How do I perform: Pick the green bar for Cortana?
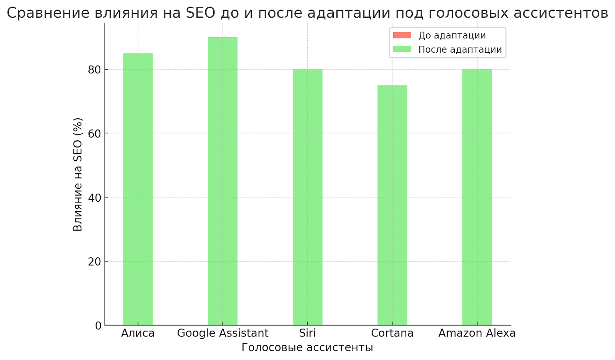pyautogui.click(x=392, y=205)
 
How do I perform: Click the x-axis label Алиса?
pyautogui.click(x=138, y=333)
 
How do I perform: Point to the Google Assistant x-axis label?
pyautogui.click(x=223, y=333)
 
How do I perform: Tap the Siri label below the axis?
pyautogui.click(x=307, y=333)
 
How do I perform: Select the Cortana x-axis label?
pyautogui.click(x=392, y=333)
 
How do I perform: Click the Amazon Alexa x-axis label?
pyautogui.click(x=477, y=333)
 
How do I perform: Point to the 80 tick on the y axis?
pyautogui.click(x=95, y=70)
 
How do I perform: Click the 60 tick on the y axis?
pyautogui.click(x=95, y=134)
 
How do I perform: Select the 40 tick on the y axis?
pyautogui.click(x=95, y=197)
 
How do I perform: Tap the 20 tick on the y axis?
pyautogui.click(x=95, y=262)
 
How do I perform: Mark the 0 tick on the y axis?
pyautogui.click(x=98, y=326)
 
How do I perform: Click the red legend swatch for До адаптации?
pyautogui.click(x=402, y=35)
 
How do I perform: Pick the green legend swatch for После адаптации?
pyautogui.click(x=402, y=49)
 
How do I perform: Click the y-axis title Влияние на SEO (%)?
pyautogui.click(x=78, y=174)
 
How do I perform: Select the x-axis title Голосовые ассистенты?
pyautogui.click(x=307, y=347)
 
